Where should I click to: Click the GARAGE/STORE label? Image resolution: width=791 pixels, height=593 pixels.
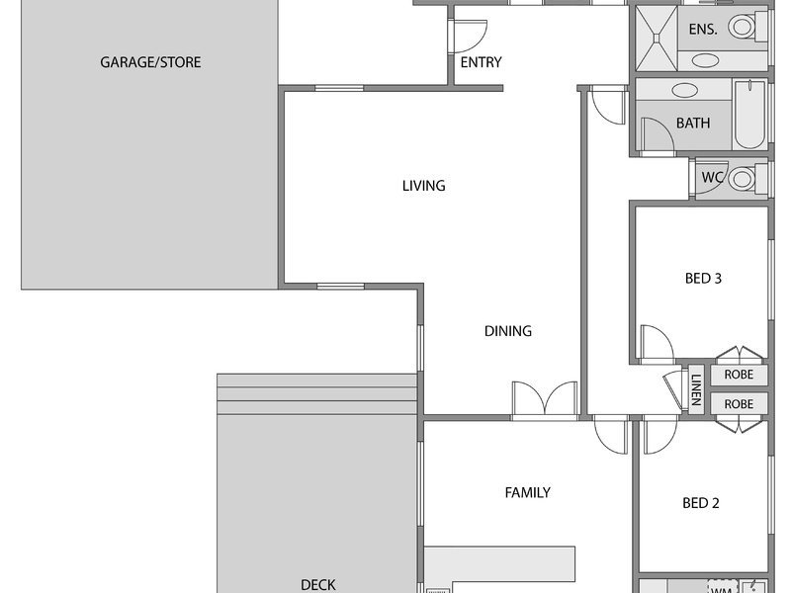pyautogui.click(x=150, y=62)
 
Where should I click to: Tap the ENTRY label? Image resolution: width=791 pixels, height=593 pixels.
pyautogui.click(x=481, y=62)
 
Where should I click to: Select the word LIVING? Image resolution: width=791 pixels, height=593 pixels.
pyautogui.click(x=424, y=186)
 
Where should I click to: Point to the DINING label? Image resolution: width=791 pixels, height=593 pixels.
pyautogui.click(x=508, y=331)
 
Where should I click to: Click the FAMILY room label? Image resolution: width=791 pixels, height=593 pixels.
pyautogui.click(x=528, y=492)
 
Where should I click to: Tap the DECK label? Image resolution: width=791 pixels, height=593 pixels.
pyautogui.click(x=317, y=585)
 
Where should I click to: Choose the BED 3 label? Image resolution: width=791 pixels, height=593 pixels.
pyautogui.click(x=703, y=279)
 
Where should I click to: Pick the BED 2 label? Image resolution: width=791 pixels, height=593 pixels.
pyautogui.click(x=701, y=503)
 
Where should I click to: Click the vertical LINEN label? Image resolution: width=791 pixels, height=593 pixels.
pyautogui.click(x=697, y=389)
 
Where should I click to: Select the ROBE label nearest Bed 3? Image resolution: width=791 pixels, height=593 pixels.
pyautogui.click(x=739, y=375)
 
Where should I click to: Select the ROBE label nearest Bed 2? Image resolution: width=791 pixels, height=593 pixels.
pyautogui.click(x=739, y=404)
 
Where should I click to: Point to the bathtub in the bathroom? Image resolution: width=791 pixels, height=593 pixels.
pyautogui.click(x=749, y=115)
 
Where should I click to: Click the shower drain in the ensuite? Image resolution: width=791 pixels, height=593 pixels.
pyautogui.click(x=657, y=38)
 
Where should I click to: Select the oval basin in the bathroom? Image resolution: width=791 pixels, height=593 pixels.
pyautogui.click(x=684, y=91)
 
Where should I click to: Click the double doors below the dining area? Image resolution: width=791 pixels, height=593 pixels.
pyautogui.click(x=545, y=399)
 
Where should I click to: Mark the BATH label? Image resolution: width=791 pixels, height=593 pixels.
pyautogui.click(x=693, y=123)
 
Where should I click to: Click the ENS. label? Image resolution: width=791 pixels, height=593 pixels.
pyautogui.click(x=703, y=30)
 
